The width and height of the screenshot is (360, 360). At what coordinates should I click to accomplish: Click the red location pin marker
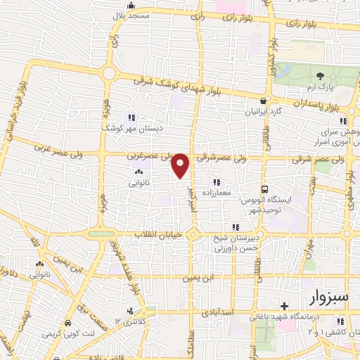coord(181,165)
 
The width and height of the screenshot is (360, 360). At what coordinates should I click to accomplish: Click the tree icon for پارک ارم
coord(321,75)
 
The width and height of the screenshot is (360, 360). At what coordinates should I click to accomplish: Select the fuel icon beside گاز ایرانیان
coord(264,101)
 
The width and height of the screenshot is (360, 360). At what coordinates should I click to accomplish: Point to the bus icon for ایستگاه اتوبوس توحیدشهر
coord(264,189)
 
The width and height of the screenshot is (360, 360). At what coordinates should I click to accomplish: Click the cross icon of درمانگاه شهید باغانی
coord(283,306)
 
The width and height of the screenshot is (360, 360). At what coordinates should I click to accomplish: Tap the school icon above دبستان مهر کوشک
coord(130,117)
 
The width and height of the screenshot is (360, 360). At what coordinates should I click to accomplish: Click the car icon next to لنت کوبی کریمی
coord(67,323)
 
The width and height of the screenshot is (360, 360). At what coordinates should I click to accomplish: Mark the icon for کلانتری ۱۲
coord(129,310)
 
